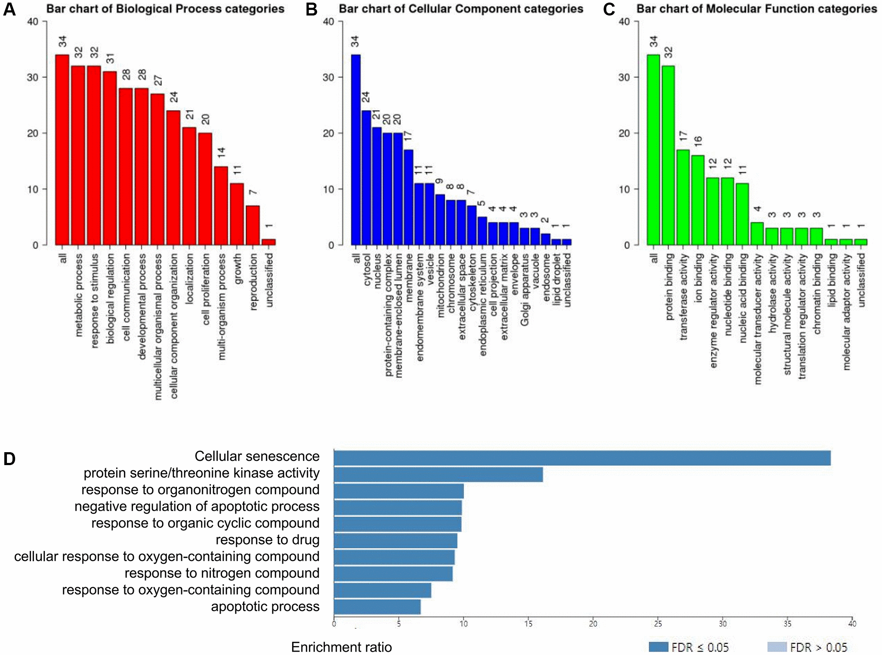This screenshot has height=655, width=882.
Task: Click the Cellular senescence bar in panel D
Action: tap(582, 458)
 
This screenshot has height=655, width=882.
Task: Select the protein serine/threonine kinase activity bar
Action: tap(438, 475)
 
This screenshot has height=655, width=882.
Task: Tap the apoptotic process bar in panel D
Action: tap(377, 607)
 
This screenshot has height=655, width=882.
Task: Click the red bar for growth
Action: tap(237, 214)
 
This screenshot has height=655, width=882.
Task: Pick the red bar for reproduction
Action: tap(253, 225)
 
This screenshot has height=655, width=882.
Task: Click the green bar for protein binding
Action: tap(668, 155)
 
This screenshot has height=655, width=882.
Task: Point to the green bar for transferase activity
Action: tap(683, 197)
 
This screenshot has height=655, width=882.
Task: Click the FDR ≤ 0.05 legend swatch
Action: tap(658, 647)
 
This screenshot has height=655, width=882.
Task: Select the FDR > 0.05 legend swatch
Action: tap(777, 647)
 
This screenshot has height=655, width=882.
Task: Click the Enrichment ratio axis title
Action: tap(341, 647)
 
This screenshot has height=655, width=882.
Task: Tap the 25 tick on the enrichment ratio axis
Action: tap(658, 624)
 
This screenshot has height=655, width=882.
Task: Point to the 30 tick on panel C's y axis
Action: tap(624, 78)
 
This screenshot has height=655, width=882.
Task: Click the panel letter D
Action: tap(9, 459)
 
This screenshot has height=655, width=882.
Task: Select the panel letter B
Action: tap(311, 9)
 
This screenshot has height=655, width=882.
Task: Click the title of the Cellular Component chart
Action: tap(461, 9)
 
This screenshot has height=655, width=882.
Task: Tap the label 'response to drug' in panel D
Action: tap(267, 540)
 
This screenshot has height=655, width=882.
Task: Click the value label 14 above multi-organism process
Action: tap(221, 152)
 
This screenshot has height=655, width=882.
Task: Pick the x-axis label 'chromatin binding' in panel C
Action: tap(817, 294)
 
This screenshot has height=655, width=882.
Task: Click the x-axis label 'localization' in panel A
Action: tap(189, 279)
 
